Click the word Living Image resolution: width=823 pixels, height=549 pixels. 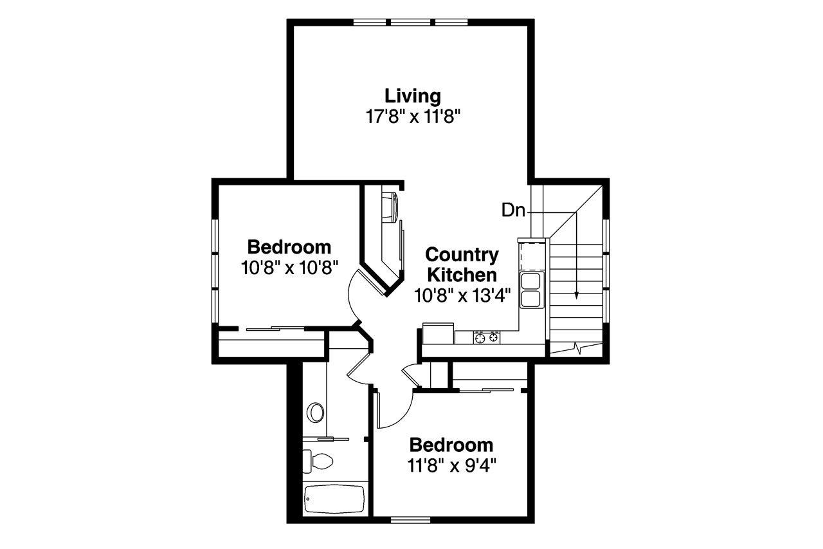pyautogui.click(x=413, y=96)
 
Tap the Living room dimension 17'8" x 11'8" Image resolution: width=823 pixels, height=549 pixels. pyautogui.click(x=413, y=116)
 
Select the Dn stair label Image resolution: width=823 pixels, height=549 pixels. pyautogui.click(x=513, y=210)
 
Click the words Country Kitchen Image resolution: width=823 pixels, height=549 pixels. pyautogui.click(x=462, y=265)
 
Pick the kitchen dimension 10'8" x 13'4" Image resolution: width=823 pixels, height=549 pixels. pyautogui.click(x=462, y=295)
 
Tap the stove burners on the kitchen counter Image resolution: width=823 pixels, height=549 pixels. pyautogui.click(x=487, y=337)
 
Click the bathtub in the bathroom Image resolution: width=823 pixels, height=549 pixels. pyautogui.click(x=334, y=499)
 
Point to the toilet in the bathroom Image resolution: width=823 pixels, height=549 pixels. pyautogui.click(x=318, y=460)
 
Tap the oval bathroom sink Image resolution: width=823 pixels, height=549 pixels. pyautogui.click(x=316, y=412)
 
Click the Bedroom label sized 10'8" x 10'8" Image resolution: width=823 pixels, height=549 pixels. pyautogui.click(x=289, y=247)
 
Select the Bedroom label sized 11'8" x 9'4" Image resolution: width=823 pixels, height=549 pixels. pyautogui.click(x=451, y=445)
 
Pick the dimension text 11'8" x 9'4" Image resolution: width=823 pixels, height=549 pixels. pyautogui.click(x=451, y=465)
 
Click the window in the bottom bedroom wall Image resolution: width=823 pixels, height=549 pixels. pyautogui.click(x=410, y=519)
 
